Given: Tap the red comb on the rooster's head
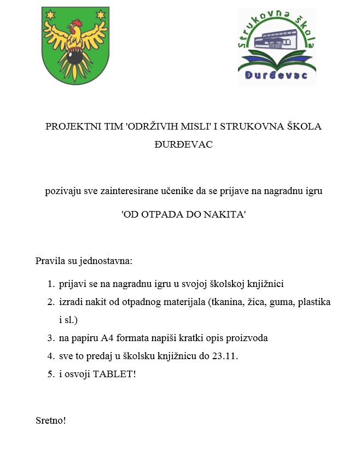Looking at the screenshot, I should [76, 23].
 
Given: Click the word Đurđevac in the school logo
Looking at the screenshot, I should [276, 75].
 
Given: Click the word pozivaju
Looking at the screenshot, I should [62, 191].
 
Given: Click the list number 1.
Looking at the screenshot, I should [50, 284].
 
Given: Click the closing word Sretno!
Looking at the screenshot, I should [51, 420].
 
